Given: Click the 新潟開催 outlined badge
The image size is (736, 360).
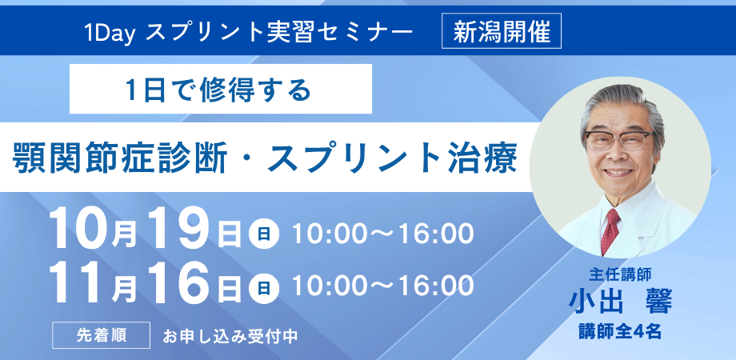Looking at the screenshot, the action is (502, 31).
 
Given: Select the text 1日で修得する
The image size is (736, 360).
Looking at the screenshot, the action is (218, 89).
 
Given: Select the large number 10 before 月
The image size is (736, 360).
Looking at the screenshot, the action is (80, 230).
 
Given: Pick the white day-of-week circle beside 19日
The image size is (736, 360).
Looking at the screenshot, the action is (264, 234).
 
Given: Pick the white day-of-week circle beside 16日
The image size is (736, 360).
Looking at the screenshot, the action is (264, 287).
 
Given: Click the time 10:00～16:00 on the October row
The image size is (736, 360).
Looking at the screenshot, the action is (382, 234).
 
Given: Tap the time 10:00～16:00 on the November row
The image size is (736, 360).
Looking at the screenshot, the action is (382, 286).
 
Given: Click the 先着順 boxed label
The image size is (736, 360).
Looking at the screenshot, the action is (102, 335).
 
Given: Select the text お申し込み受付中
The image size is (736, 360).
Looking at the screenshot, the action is (230, 336).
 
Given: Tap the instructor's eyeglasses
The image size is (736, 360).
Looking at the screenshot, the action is (618, 139).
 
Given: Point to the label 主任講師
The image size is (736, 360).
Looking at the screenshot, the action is (621, 273).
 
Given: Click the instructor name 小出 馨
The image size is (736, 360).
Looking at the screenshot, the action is (621, 302).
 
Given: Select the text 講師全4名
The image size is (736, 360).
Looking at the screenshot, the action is (621, 332).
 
